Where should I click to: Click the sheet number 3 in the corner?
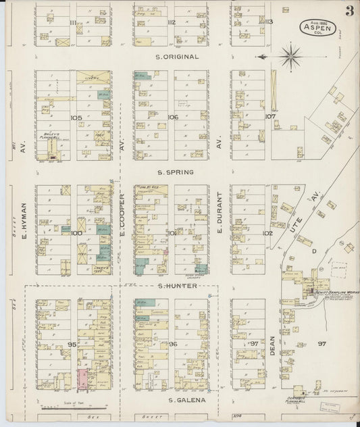tap(349, 11)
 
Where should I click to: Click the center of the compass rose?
tap(290, 57)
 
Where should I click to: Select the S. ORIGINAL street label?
tap(177, 57)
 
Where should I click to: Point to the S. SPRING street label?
tap(176, 172)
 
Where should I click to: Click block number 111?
tap(73, 22)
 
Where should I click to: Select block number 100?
tap(76, 233)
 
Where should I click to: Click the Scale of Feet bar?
tap(71, 408)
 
